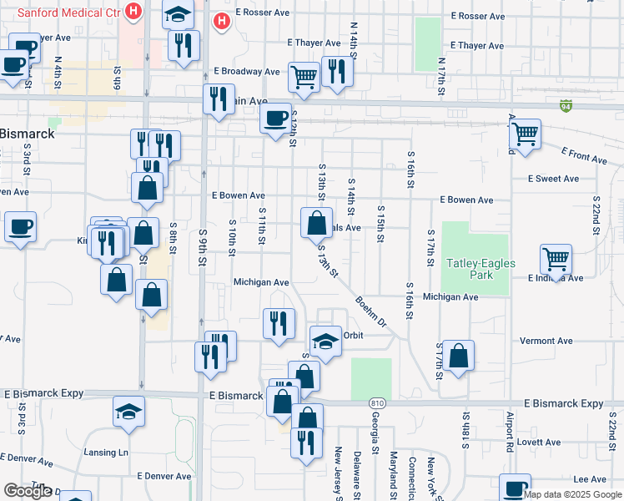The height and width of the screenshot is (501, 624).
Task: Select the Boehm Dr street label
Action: click(371, 310)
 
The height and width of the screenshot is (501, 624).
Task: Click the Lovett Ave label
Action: click(538, 442)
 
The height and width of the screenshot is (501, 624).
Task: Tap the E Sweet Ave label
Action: click(553, 179)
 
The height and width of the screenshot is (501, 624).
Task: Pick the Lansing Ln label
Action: click(106, 453)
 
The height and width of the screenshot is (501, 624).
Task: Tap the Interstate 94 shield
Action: click(566, 105)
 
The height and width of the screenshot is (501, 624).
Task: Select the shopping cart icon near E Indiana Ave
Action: click(556, 259)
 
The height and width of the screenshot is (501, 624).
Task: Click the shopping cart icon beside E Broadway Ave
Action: click(304, 77)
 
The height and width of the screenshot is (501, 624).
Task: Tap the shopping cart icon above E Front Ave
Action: click(525, 133)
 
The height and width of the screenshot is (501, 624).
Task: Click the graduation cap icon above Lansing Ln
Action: click(128, 412)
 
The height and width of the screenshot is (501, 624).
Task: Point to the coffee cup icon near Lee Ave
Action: click(515, 487)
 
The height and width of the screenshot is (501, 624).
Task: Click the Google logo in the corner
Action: click(28, 491)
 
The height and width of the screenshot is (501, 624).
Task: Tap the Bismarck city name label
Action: click(28, 134)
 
